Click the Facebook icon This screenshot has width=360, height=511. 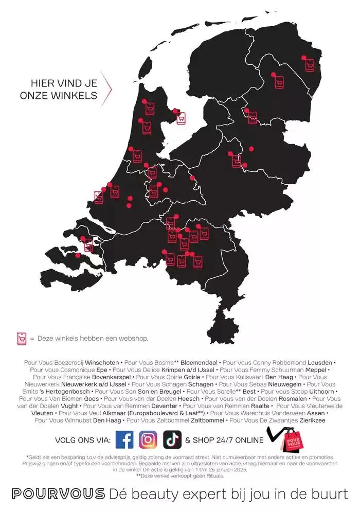pyautogui.click(x=124, y=439)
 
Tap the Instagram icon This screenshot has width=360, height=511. pyautogui.click(x=148, y=439)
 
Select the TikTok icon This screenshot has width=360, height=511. pyautogui.click(x=172, y=439)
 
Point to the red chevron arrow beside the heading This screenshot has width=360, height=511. pyautogui.click(x=106, y=89)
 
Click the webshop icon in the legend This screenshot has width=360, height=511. pyautogui.click(x=22, y=338)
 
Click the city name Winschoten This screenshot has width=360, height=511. pyautogui.click(x=102, y=362)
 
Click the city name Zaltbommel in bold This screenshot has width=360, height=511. pyautogui.click(x=208, y=420)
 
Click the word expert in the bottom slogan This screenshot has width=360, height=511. pyautogui.click(x=198, y=494)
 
